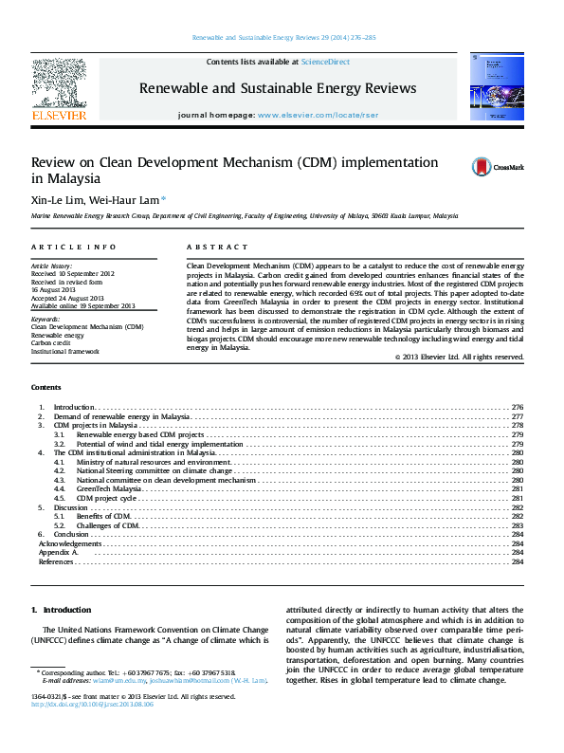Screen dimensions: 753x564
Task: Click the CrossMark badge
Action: tap(498, 167)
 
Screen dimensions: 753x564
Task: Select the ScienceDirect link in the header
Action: tap(325, 62)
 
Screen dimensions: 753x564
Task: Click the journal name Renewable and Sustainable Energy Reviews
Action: tap(278, 88)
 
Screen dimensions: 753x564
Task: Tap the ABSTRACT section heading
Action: tap(210, 246)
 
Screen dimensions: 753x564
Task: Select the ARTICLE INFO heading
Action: tap(62, 246)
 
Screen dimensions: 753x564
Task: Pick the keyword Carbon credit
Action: tap(54, 343)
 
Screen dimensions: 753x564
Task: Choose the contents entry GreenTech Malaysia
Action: tap(109, 488)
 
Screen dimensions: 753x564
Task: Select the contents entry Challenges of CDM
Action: tap(108, 525)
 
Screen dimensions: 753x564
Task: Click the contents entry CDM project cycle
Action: tap(106, 498)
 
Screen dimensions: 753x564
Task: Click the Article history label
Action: tap(52, 266)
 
